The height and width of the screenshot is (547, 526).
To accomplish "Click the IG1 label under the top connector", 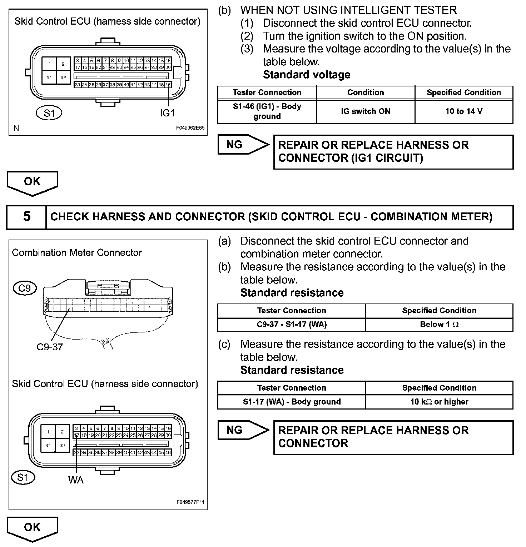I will coord(167,113).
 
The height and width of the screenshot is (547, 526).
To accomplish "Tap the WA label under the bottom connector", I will coord(76,480).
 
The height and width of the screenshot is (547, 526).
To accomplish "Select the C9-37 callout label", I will coord(50,347).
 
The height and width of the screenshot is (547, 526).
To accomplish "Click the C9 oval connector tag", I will coord(24,288).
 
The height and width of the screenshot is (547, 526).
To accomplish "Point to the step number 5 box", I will coord(26,217).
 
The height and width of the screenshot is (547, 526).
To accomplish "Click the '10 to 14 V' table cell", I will coord(464,111).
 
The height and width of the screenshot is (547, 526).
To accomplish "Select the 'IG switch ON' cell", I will coord(366,111).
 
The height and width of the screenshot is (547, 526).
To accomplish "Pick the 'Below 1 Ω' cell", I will coord(439,325).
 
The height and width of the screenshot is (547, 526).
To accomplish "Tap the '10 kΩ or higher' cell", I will coord(439,402).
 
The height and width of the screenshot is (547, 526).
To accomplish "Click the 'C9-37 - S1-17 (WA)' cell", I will coord(292,325).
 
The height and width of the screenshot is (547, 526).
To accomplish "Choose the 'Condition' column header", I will coord(366,92).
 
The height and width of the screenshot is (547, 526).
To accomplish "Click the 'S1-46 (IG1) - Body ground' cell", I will coord(267,111).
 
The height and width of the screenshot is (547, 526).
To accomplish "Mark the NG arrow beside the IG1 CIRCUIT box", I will coord(243,145).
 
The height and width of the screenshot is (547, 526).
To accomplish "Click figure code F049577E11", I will coord(190,502).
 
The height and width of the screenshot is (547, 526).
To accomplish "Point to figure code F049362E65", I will coord(190,128).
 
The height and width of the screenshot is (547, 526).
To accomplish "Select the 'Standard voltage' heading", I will coord(307,75).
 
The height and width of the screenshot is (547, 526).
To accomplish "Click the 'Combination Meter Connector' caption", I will coord(77,253).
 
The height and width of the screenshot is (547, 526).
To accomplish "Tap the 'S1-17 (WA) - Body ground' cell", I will coord(292,402).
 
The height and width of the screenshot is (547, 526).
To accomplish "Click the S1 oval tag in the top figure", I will coord(49,113).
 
